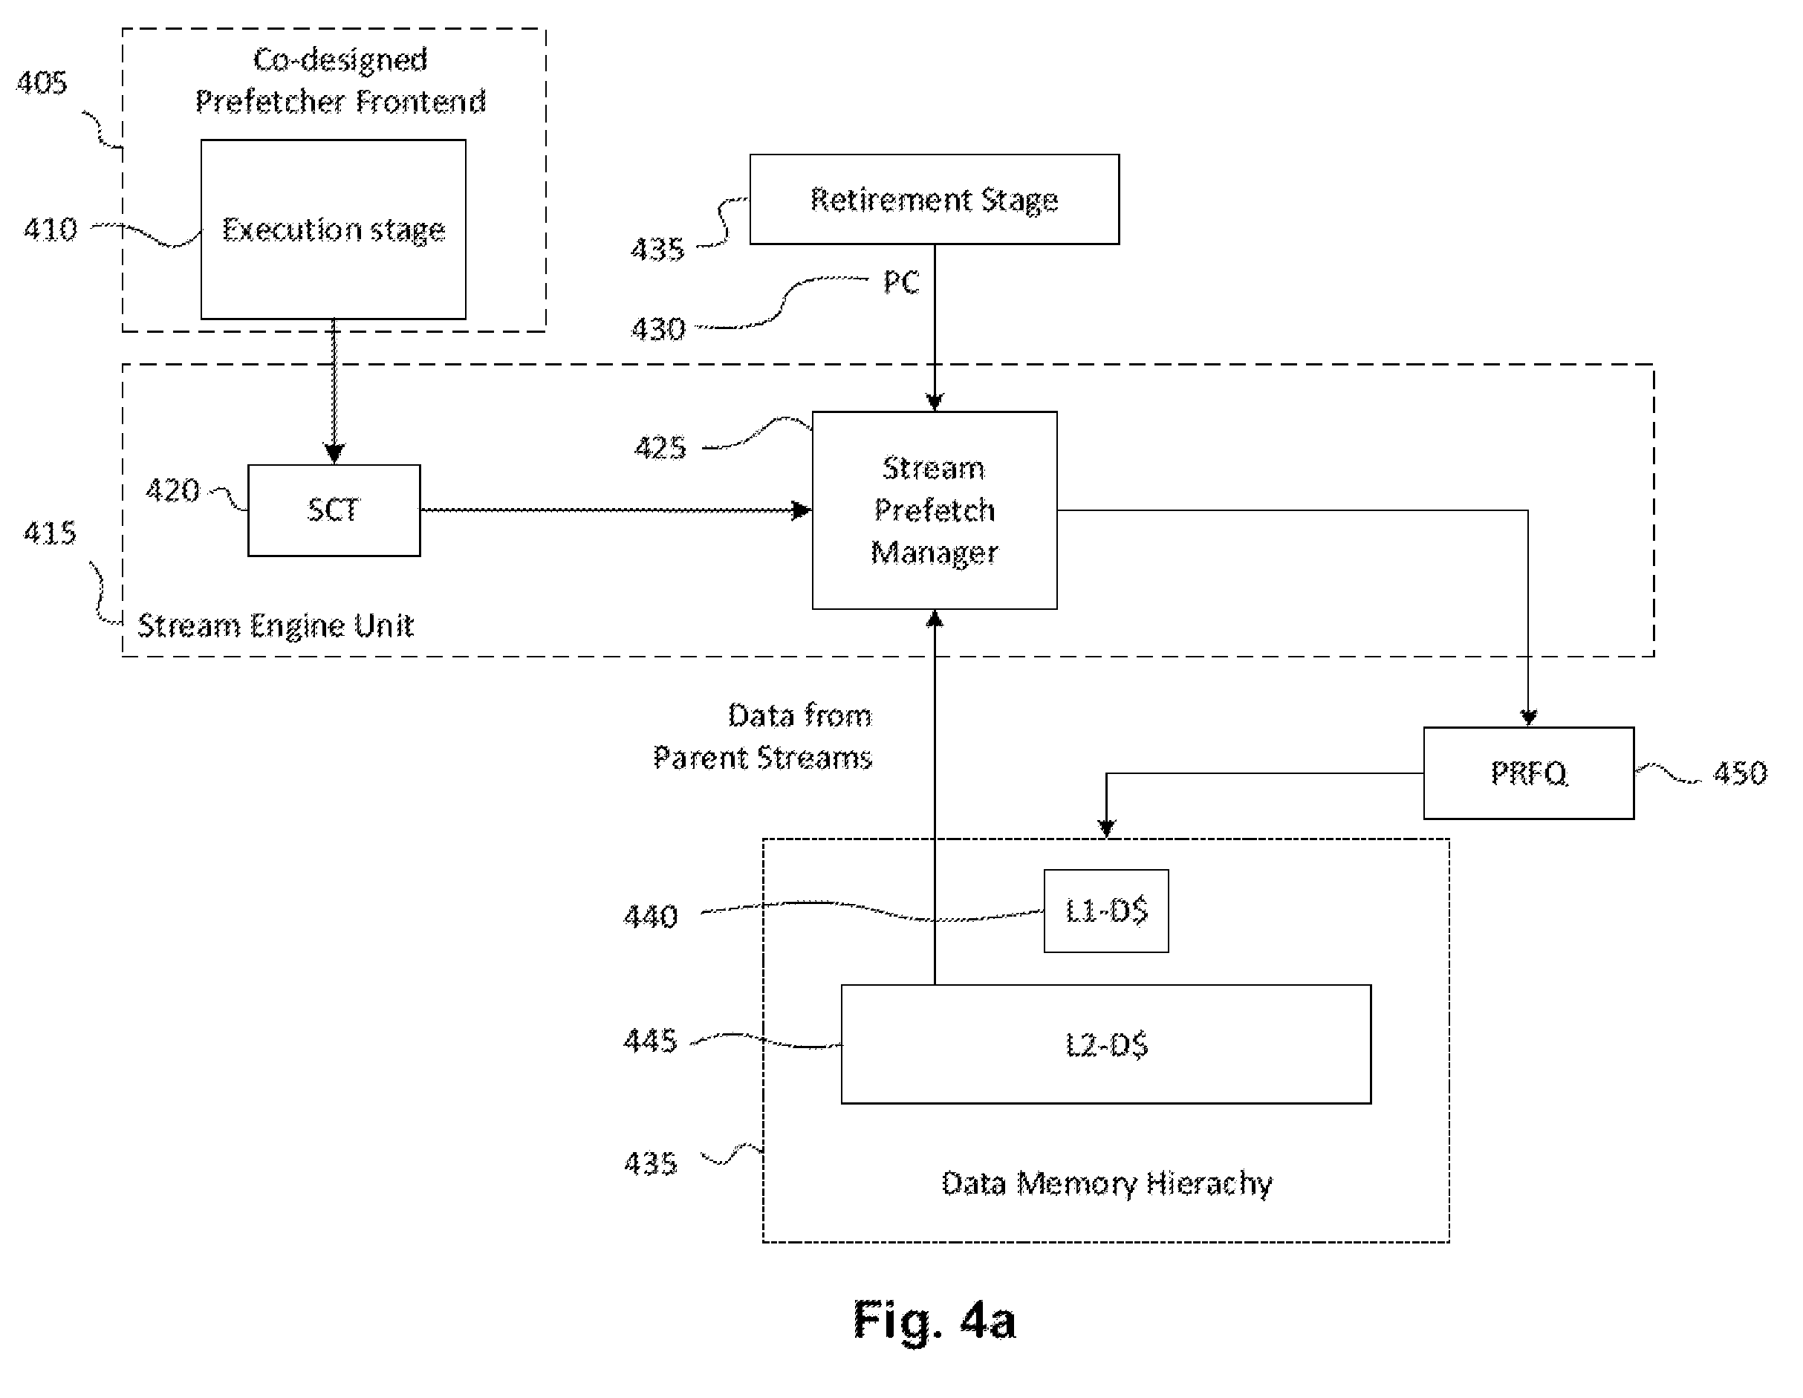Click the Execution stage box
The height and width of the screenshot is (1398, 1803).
click(334, 229)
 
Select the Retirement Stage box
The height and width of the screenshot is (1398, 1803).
click(934, 199)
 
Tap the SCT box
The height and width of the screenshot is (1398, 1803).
click(334, 510)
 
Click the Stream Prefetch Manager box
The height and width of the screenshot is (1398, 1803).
click(934, 510)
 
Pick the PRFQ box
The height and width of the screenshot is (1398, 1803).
click(1528, 773)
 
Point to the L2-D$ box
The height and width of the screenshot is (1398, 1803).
click(1105, 1044)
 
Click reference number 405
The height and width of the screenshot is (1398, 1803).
click(42, 82)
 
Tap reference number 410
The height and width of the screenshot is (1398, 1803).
click(51, 229)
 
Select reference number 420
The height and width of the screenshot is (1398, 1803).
click(172, 490)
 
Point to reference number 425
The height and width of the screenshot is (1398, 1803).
click(660, 447)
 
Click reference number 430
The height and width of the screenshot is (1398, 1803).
click(658, 328)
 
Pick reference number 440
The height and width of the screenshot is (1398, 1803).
click(651, 916)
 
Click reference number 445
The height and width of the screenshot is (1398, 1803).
click(651, 1040)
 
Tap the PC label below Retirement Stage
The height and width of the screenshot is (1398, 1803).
click(900, 282)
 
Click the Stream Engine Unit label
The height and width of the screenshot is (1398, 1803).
click(275, 625)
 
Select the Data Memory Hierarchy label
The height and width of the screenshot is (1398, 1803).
click(1106, 1183)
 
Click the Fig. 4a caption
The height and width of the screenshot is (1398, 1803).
click(934, 1319)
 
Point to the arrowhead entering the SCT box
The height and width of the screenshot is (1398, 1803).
click(334, 454)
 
